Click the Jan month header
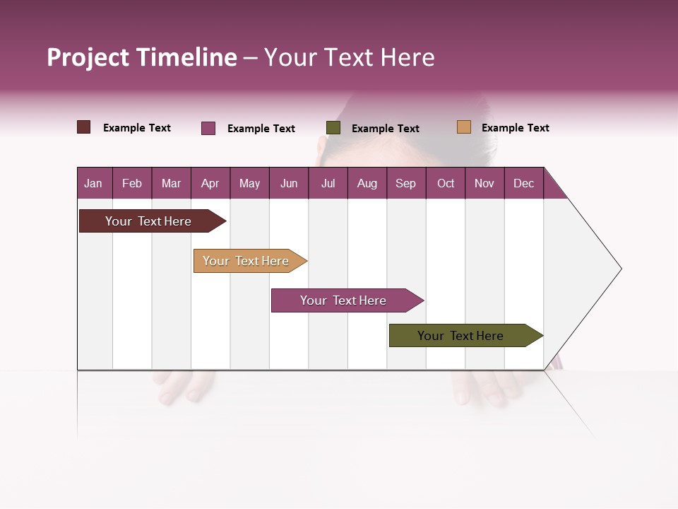coord(93,184)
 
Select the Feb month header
coord(132,184)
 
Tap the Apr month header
coord(210,184)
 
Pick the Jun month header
coord(289,184)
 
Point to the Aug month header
coord(367,184)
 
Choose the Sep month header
coord(405,184)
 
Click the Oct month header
coord(446,184)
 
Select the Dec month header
coord(523,184)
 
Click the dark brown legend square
coord(84,127)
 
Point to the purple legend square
coord(208,128)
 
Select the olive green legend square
coord(333,128)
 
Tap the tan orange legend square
coord(463,127)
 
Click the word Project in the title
coord(89,58)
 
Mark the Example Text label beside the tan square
coord(515,128)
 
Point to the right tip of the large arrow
coord(620,269)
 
